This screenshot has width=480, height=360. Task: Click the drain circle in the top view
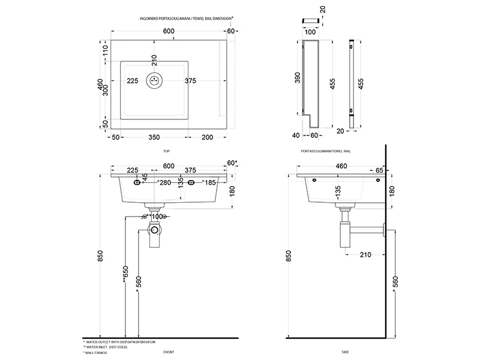[x=155, y=81]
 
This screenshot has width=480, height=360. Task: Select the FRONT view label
[x=169, y=353]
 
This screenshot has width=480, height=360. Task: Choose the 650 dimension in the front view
[x=125, y=273]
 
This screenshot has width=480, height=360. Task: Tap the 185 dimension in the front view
[x=209, y=182]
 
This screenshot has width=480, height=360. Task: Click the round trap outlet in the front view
[x=155, y=229]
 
